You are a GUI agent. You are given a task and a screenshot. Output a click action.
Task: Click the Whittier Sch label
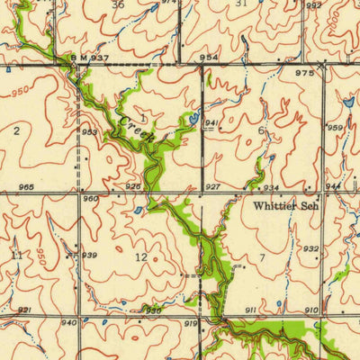(x=285, y=205)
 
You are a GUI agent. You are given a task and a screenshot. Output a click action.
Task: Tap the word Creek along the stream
(x=138, y=129)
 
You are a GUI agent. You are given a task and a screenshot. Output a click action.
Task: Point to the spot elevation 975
(x=304, y=73)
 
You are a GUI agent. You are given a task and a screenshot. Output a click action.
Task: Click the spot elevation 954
(x=209, y=58)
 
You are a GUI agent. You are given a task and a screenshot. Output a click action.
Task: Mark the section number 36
(x=118, y=4)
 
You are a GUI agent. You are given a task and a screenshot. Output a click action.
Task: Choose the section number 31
(x=240, y=4)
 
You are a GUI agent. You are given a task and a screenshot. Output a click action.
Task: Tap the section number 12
(x=139, y=257)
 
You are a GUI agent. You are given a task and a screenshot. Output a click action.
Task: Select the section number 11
(x=16, y=256)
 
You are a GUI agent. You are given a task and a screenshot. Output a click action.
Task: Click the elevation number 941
(x=211, y=123)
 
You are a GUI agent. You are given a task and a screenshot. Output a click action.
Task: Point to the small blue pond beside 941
(x=192, y=117)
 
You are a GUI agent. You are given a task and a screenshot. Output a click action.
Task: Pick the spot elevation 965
(x=26, y=187)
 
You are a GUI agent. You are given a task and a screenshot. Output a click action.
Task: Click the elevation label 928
(x=133, y=187)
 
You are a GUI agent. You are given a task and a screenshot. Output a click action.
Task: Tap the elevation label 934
(x=271, y=188)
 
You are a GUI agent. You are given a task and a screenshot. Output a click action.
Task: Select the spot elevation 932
(x=310, y=249)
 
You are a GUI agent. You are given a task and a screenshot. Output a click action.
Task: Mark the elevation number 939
(x=89, y=256)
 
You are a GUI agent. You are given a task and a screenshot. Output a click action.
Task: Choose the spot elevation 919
(x=191, y=322)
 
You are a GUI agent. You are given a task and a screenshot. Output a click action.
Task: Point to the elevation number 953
(x=90, y=133)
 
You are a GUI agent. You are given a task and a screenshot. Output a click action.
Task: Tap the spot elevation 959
(x=335, y=128)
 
